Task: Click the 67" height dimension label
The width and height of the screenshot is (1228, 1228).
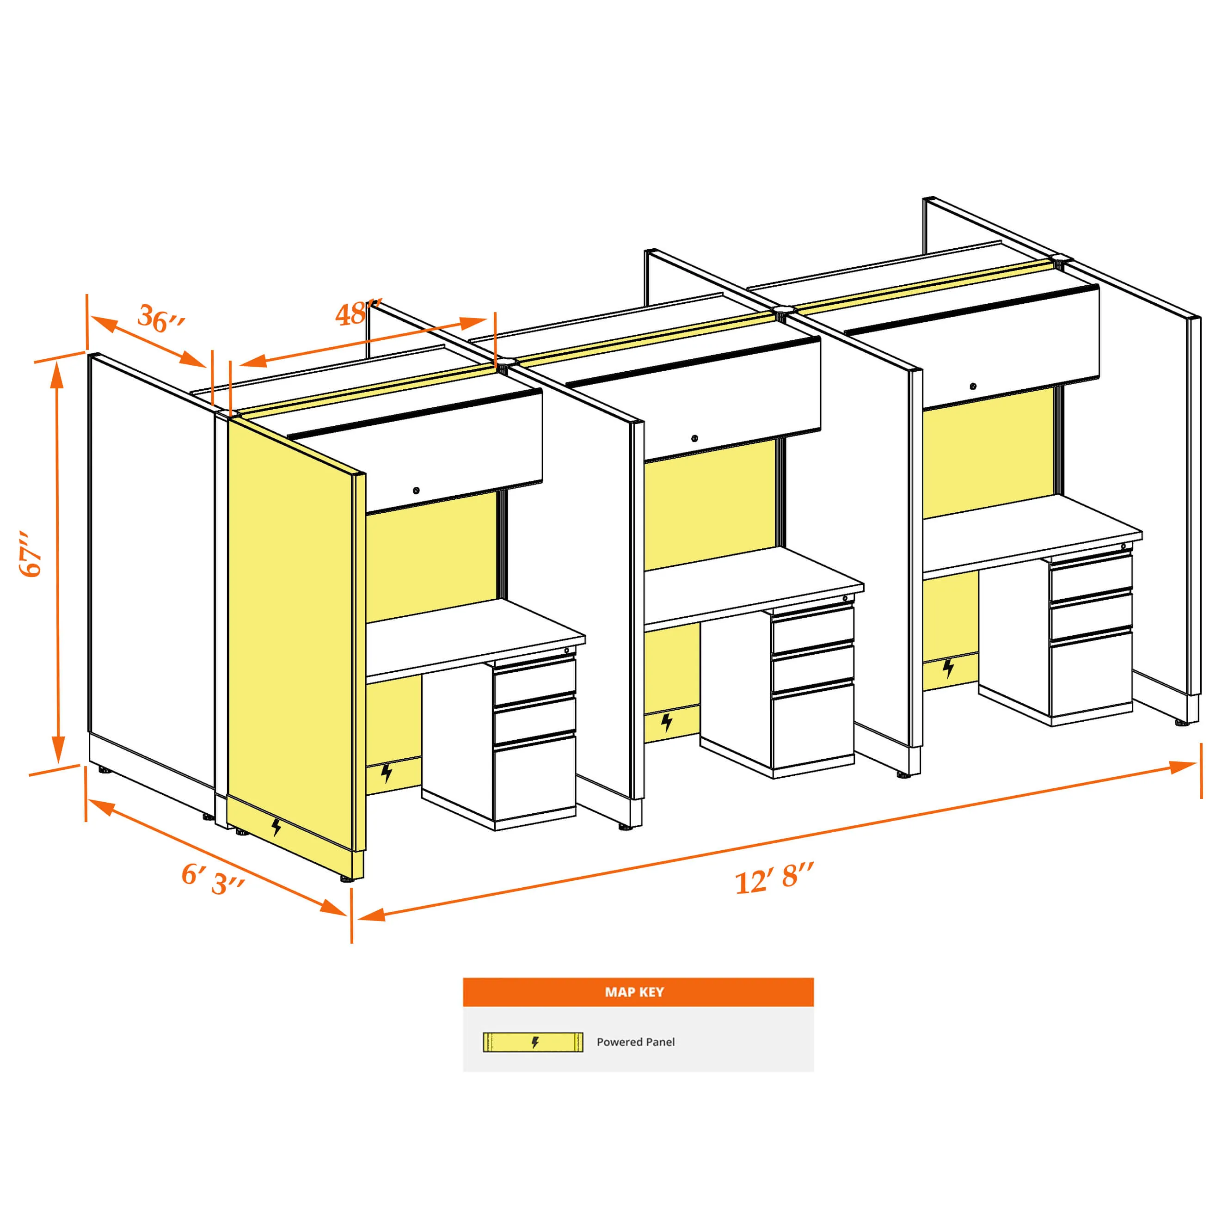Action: coord(31,554)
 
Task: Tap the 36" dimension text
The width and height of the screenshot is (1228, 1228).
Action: coord(161,319)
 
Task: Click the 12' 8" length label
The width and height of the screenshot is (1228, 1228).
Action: coord(774,878)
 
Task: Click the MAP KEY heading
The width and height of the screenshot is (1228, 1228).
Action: coord(634,992)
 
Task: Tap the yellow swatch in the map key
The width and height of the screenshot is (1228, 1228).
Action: coord(533,1042)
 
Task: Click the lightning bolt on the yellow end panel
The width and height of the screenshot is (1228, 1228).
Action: coord(276,827)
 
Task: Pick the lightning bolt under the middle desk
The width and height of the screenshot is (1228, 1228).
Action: coord(666,723)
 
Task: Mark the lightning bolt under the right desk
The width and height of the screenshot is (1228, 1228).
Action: coord(948,669)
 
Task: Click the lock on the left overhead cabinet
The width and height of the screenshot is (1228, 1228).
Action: coord(416,491)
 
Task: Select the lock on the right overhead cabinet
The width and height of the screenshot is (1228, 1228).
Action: coord(972,386)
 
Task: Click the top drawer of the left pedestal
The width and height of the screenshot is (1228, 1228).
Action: coord(534,682)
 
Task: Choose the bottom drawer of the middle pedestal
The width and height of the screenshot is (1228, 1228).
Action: coord(813,725)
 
